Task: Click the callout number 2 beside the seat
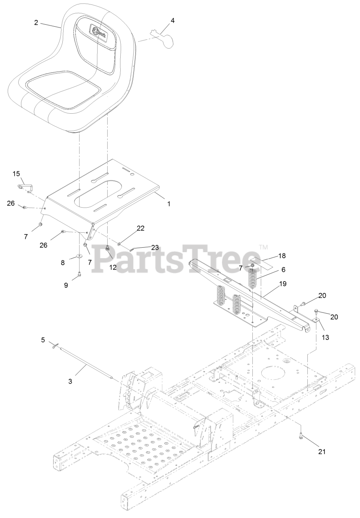coord(36,23)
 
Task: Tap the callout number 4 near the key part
coord(173,20)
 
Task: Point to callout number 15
coord(16,174)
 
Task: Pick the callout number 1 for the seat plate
coord(169,204)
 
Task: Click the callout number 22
coord(140,228)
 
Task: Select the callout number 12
coord(112,267)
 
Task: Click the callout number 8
coord(63,262)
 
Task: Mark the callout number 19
coord(283,284)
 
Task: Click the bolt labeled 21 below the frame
coord(302,436)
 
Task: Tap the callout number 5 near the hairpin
coord(43,340)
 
